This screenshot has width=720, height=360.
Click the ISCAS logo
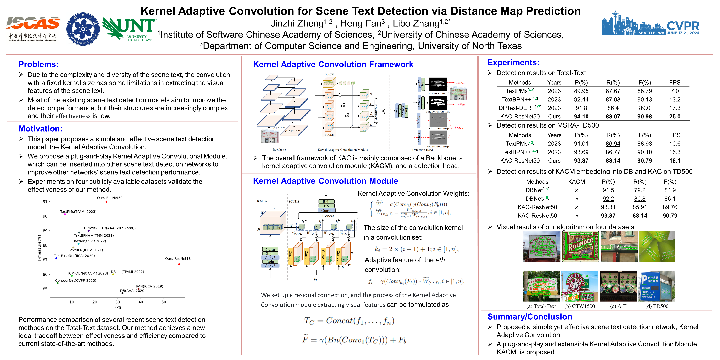[32, 28]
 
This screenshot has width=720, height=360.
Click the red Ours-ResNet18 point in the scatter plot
[179, 264]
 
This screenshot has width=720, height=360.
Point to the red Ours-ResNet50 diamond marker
[106, 202]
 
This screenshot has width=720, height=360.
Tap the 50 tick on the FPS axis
[164, 302]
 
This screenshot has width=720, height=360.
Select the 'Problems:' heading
[38, 64]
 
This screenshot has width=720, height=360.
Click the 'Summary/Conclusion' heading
[530, 317]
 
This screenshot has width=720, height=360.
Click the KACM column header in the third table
[576, 182]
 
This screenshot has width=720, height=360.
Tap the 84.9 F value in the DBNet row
[670, 190]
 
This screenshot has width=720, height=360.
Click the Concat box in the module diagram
[328, 216]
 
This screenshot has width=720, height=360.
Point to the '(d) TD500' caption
[657, 306]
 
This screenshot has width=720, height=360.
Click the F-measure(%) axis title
[39, 248]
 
